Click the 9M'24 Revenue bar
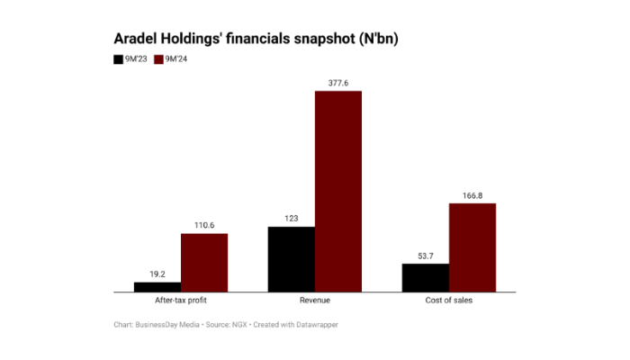(x=337, y=191)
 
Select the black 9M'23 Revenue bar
(x=292, y=259)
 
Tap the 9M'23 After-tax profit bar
(x=157, y=287)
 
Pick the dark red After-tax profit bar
(x=204, y=263)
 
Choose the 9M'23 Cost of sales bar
(x=425, y=277)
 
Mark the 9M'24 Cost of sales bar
(x=472, y=247)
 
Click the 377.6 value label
(x=337, y=82)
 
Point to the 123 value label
(x=292, y=218)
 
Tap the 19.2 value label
(x=157, y=274)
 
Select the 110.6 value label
(x=204, y=225)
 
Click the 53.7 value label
(x=425, y=255)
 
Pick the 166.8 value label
(x=472, y=194)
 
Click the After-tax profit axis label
(x=181, y=301)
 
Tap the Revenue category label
(x=314, y=301)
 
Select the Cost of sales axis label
(x=448, y=301)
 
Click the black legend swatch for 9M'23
(x=119, y=59)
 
